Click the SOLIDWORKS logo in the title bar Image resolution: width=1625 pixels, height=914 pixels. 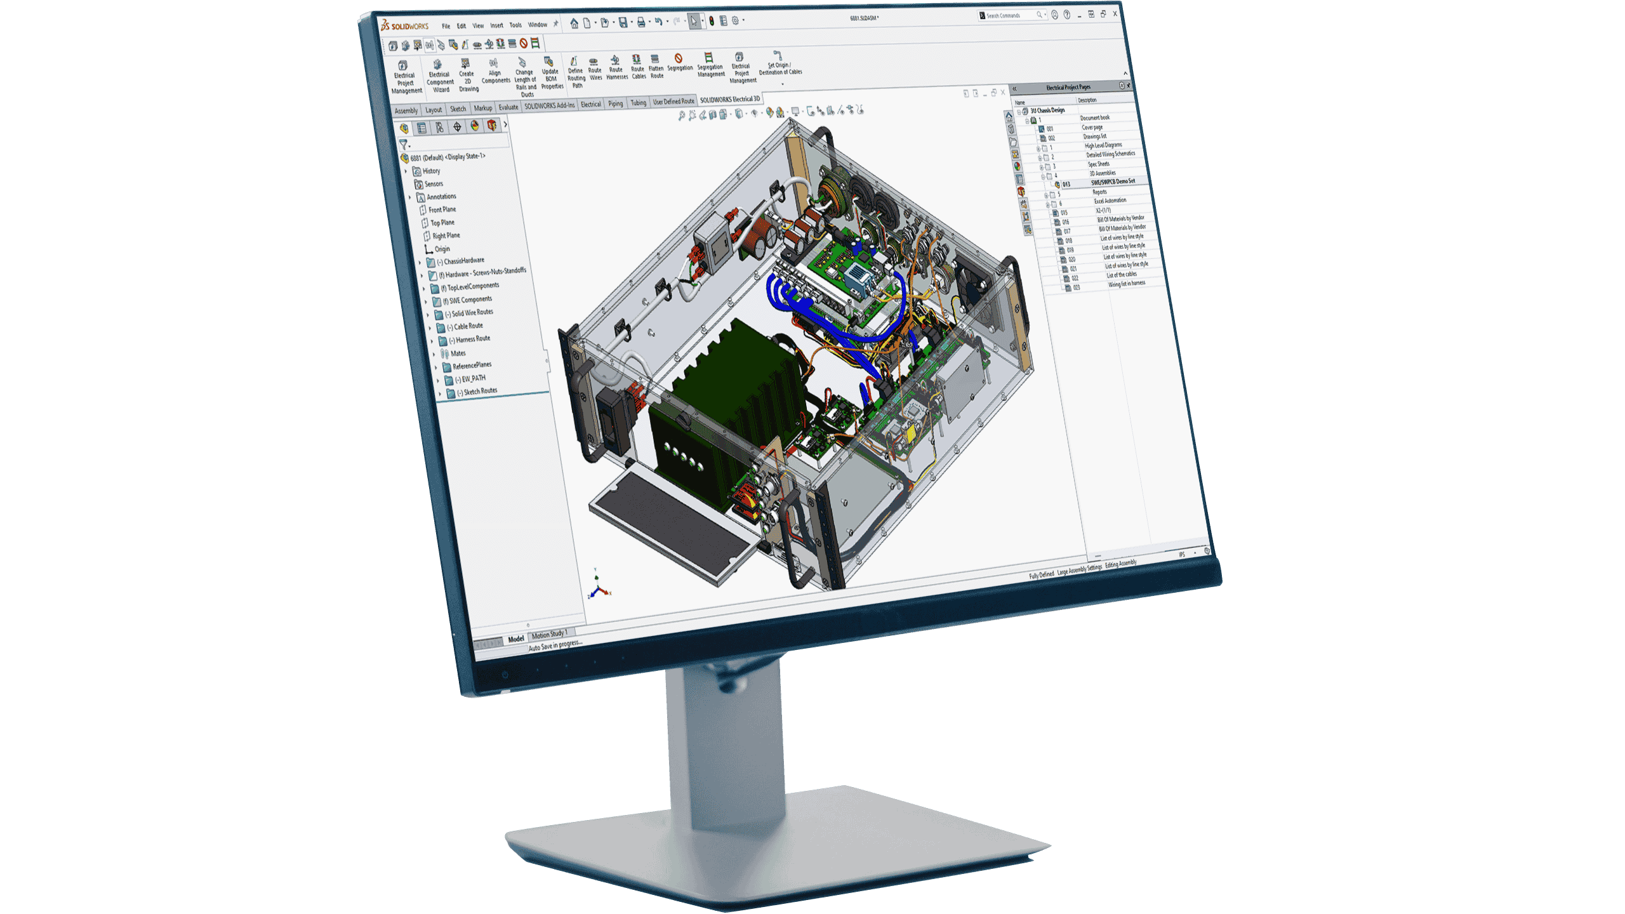405,26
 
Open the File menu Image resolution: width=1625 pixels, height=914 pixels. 446,26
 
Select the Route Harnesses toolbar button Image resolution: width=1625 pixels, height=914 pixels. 616,67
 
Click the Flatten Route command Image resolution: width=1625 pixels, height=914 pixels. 656,66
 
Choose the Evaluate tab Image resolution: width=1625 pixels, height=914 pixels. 508,107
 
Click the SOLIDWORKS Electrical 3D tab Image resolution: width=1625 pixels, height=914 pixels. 729,100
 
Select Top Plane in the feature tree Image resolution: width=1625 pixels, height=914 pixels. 442,223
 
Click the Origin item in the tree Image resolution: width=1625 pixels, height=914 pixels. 442,249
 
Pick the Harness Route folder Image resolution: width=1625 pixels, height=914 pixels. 472,339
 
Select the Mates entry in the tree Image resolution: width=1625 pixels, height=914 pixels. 458,353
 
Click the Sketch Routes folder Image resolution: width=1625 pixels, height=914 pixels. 480,391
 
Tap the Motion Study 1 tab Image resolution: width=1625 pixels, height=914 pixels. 548,634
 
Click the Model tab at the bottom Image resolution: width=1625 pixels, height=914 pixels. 515,639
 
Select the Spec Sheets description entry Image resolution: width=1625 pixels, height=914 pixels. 1099,164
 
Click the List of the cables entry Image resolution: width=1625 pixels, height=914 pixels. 1122,275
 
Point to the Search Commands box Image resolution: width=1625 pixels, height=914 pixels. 1009,15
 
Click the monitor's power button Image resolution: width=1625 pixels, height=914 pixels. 505,675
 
